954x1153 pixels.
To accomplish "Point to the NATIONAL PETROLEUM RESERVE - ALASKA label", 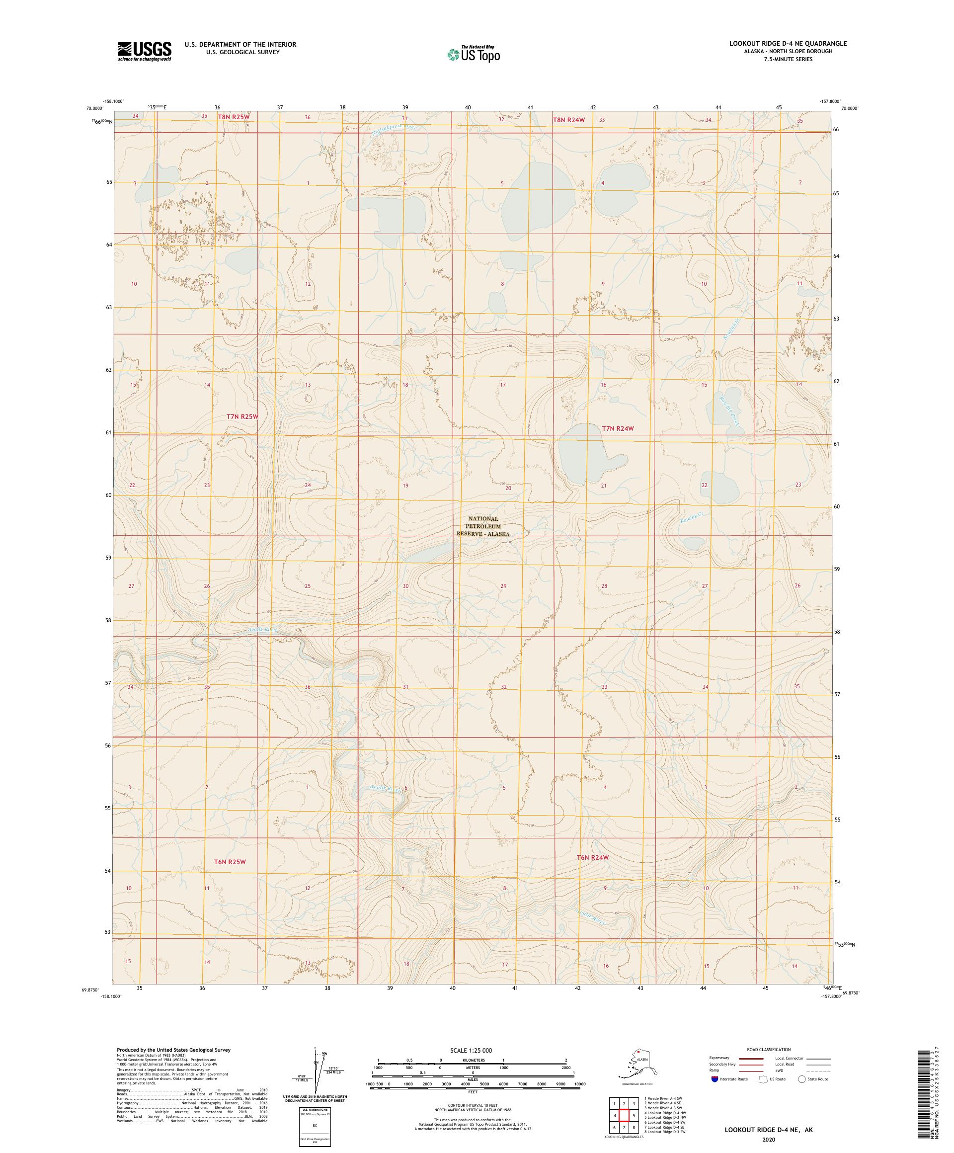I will point(483,526).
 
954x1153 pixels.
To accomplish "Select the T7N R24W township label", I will point(618,428).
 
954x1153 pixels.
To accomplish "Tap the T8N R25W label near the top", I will point(234,117).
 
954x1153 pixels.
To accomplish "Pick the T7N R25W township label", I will point(242,417).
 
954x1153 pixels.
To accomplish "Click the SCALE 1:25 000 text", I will point(471,1050).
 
